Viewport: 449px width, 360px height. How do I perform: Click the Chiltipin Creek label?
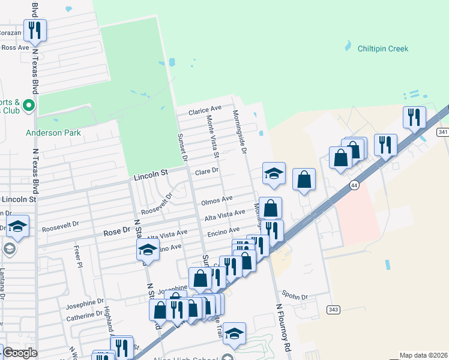point(382,49)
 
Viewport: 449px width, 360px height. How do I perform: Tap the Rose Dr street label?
point(116,231)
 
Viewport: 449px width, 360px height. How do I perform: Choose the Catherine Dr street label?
point(85,315)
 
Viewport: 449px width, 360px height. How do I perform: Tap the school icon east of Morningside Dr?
point(274,173)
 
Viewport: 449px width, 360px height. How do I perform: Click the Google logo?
point(19,353)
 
